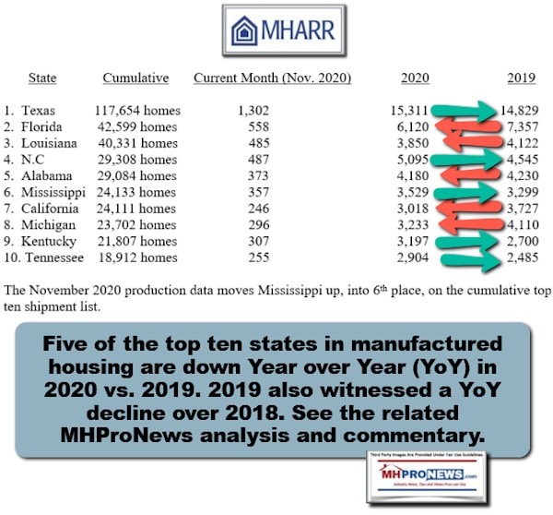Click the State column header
point(42,78)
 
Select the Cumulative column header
point(135,78)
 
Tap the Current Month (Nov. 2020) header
point(272,78)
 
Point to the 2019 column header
point(522,78)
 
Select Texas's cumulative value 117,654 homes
point(138,111)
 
